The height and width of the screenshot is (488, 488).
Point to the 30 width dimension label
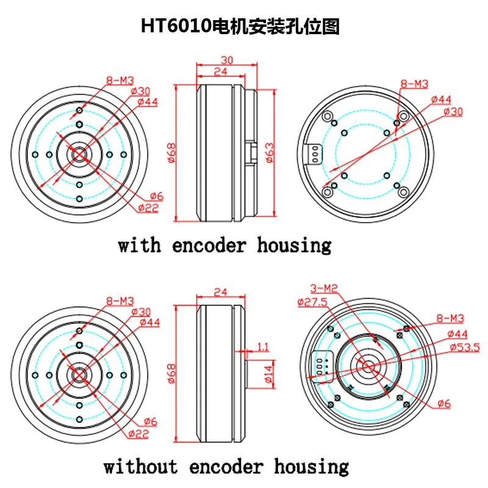pos(226,60)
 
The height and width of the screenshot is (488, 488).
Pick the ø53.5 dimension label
pos(464,347)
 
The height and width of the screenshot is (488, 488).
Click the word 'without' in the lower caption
pos(141,467)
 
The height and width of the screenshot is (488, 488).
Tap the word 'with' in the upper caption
pos(140,246)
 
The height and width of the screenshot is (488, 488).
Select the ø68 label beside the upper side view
pos(171,152)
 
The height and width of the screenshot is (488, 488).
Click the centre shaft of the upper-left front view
pos(80,154)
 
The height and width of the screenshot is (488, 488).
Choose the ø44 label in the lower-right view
pos(457,334)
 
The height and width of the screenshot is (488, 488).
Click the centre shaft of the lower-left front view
pos(80,375)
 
